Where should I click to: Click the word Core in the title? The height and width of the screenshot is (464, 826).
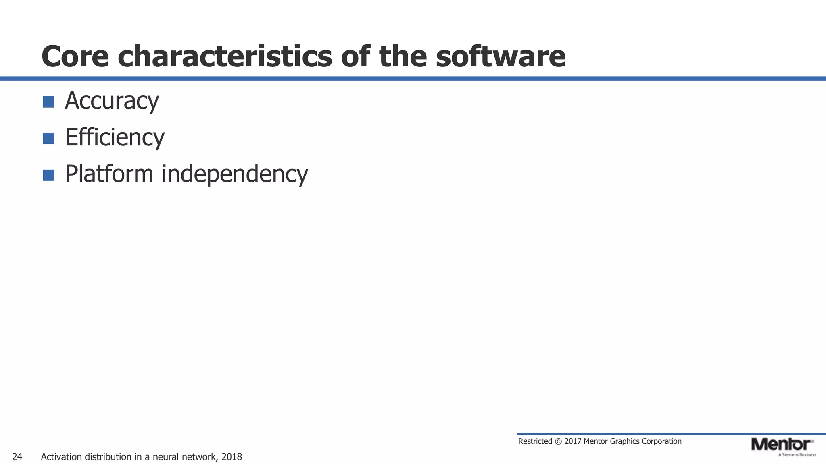pyautogui.click(x=75, y=56)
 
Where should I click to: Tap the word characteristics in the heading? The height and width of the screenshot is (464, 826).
pyautogui.click(x=225, y=56)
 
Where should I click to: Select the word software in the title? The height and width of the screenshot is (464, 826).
pyautogui.click(x=501, y=56)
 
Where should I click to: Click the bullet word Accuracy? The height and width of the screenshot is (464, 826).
pyautogui.click(x=112, y=101)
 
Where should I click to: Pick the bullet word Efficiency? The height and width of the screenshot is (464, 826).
pyautogui.click(x=115, y=137)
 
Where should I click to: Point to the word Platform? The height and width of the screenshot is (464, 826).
pyautogui.click(x=109, y=174)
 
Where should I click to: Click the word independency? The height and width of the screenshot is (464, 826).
pyautogui.click(x=235, y=174)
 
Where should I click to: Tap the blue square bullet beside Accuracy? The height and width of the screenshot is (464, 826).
pyautogui.click(x=48, y=102)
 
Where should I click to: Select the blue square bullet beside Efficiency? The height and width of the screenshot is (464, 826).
pyautogui.click(x=48, y=139)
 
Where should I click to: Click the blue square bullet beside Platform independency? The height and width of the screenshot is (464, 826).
pyautogui.click(x=48, y=175)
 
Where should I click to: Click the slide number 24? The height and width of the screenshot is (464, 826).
pyautogui.click(x=17, y=457)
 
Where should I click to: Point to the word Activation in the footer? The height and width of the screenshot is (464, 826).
pyautogui.click(x=62, y=457)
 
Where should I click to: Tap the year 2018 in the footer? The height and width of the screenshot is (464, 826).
pyautogui.click(x=232, y=457)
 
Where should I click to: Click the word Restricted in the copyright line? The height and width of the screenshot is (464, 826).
pyautogui.click(x=535, y=441)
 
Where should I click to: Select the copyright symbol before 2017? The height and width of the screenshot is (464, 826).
pyautogui.click(x=558, y=441)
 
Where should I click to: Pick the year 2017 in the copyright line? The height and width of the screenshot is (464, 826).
pyautogui.click(x=573, y=441)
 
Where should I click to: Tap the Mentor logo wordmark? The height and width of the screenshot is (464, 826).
pyautogui.click(x=781, y=445)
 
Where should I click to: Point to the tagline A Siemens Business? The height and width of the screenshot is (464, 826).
pyautogui.click(x=797, y=455)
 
